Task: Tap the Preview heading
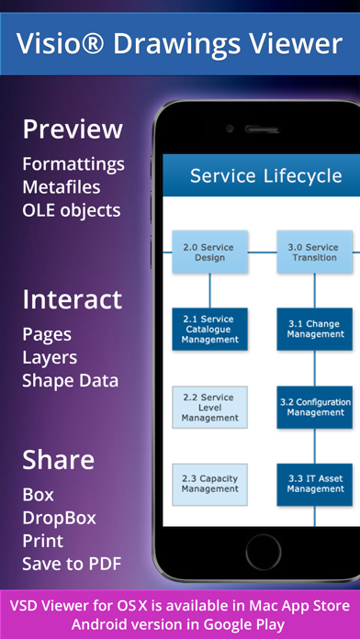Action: (x=72, y=129)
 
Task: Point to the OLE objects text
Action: (x=72, y=210)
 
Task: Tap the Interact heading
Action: (x=72, y=299)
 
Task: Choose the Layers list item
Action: (x=50, y=357)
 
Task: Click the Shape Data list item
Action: (x=70, y=380)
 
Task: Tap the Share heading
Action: (x=59, y=458)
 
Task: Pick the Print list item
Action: (x=42, y=540)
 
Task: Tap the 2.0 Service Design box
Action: (x=209, y=252)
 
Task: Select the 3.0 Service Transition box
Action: (x=314, y=252)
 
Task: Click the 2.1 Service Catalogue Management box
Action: (x=209, y=330)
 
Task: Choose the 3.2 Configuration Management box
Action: (x=315, y=407)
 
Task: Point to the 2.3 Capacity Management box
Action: (x=209, y=484)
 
